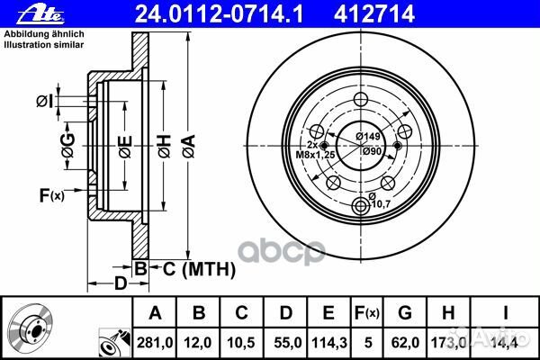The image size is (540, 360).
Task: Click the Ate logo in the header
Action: tap(27, 13)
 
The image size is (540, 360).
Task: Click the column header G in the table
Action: tap(405, 313)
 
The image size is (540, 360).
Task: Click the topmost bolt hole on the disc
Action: tap(362, 100)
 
